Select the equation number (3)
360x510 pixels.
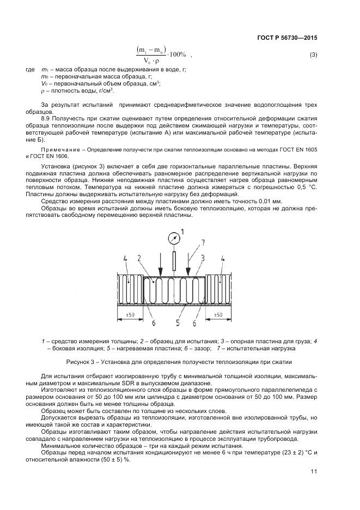tap(313, 54)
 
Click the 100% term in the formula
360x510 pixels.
tap(178, 54)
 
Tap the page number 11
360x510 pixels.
tap(314, 472)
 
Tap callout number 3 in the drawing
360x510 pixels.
tap(202, 257)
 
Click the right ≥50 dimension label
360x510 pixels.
tap(217, 315)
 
